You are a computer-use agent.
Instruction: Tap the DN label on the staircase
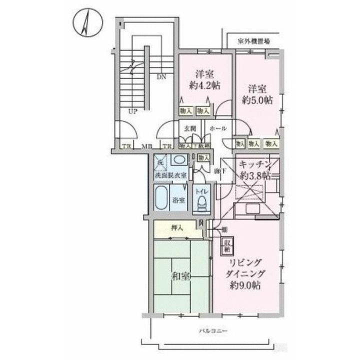[x=161, y=77]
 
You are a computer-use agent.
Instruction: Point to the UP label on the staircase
[x=132, y=112]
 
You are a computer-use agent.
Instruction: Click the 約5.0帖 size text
[x=258, y=100]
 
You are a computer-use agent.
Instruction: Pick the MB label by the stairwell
[x=146, y=147]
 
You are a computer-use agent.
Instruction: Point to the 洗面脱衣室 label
[x=170, y=175]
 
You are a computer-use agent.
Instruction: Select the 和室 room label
[x=181, y=276]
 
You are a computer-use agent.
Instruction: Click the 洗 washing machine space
[x=160, y=162]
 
